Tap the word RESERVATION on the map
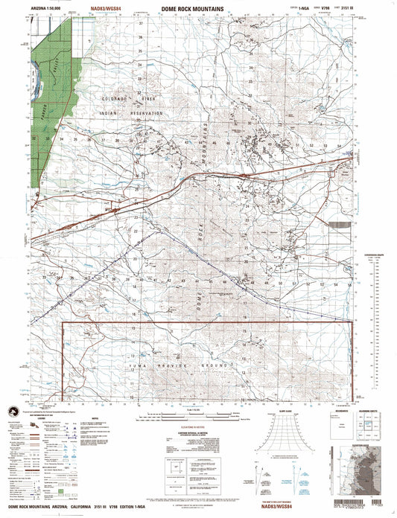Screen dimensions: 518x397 tap(145, 112)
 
